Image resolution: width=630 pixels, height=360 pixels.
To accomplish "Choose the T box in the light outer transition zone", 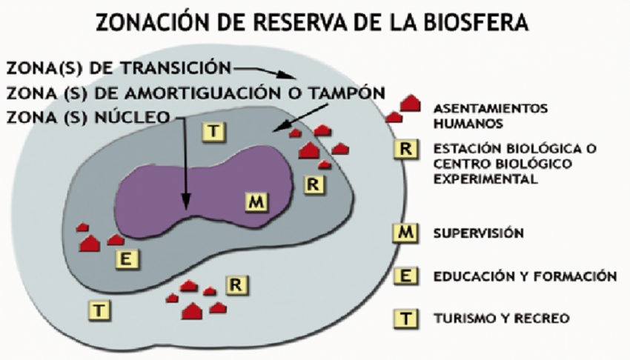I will (99, 310).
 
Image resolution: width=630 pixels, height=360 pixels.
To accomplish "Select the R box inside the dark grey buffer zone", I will (315, 184).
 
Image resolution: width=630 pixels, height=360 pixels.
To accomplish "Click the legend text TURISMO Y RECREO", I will (500, 319).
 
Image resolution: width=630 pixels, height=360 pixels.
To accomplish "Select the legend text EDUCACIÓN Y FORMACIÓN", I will (525, 276).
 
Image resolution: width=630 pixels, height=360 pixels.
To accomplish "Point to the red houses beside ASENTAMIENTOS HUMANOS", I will (404, 108).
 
